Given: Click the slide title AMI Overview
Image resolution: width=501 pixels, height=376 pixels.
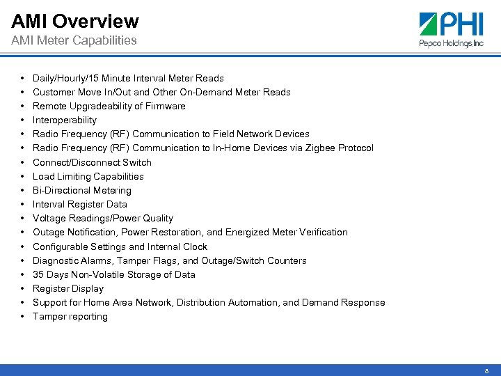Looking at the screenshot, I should (75, 22).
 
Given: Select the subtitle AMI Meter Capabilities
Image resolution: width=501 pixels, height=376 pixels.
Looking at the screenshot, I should (74, 40).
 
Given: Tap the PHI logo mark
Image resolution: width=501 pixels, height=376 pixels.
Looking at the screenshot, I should (436, 25).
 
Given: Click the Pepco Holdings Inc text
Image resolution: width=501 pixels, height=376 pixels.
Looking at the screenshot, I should (451, 43).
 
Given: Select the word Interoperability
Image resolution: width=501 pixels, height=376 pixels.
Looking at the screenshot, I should (65, 120).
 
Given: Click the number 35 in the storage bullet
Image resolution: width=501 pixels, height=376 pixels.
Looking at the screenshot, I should (38, 274).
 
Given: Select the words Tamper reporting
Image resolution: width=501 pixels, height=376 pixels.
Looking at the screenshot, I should (70, 316).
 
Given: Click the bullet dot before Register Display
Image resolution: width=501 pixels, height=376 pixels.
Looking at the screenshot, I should (23, 288).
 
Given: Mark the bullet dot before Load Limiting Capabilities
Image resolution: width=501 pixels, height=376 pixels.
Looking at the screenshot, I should (23, 176).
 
